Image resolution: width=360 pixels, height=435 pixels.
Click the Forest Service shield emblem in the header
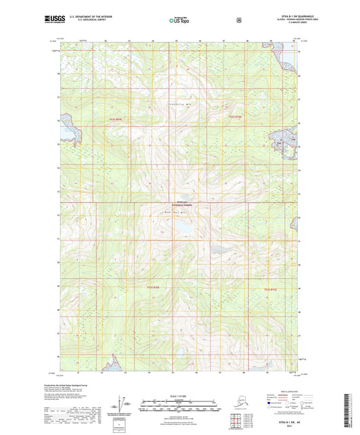tap(238, 20)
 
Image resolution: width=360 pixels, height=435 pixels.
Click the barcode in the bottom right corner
tap(352, 412)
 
